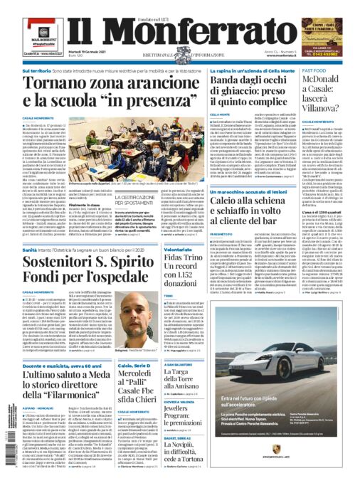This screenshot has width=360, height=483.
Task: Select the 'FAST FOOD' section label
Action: click(x=314, y=72)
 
